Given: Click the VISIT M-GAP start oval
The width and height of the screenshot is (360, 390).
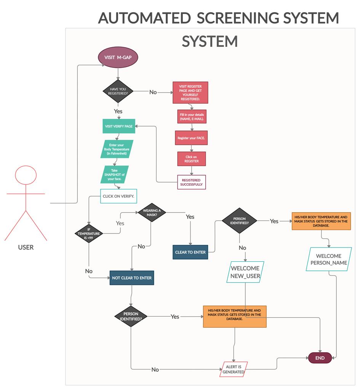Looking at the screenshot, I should click(x=118, y=58).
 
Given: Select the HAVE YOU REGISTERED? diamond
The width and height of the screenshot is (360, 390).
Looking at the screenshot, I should click(x=118, y=92).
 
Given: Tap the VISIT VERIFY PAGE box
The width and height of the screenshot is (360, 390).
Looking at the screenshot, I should click(x=119, y=126).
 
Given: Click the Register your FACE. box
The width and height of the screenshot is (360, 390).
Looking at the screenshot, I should click(x=192, y=138).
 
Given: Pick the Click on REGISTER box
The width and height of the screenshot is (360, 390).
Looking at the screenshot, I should click(x=192, y=159).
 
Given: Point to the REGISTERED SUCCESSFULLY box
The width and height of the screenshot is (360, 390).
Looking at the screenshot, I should click(x=191, y=182).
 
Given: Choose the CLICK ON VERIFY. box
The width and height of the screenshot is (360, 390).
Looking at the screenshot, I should click(x=118, y=196).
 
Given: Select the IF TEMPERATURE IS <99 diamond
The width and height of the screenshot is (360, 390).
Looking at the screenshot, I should click(x=89, y=233).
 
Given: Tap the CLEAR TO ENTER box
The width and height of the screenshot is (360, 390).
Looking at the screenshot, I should click(x=190, y=252).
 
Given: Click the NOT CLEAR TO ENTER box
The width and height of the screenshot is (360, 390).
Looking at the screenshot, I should click(x=131, y=278).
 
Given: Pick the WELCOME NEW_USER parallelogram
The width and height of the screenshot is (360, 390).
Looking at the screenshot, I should click(x=245, y=272).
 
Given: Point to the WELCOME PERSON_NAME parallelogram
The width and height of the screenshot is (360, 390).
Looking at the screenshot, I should click(x=328, y=259).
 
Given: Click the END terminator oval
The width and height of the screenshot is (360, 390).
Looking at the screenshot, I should click(x=320, y=358).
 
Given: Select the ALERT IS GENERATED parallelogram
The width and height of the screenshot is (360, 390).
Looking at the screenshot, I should click(x=234, y=369).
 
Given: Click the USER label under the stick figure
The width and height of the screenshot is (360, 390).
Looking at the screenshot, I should click(x=26, y=247).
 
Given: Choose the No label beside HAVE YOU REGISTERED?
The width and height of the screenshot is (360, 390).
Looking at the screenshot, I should click(x=153, y=92).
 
